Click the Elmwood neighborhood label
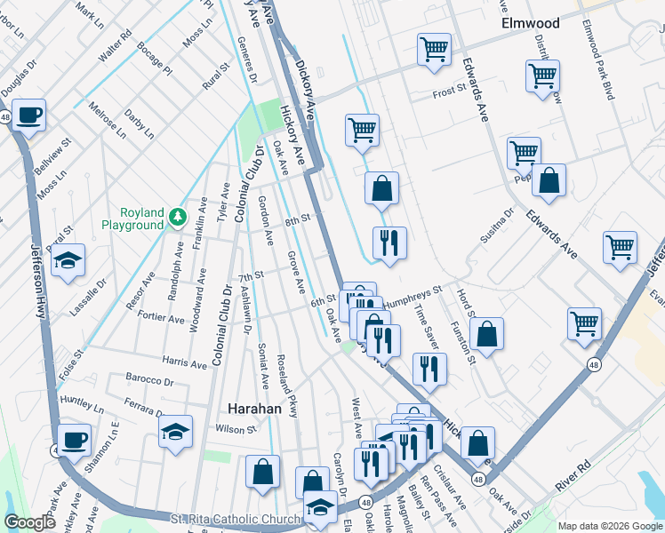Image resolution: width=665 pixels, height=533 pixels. click(x=530, y=23)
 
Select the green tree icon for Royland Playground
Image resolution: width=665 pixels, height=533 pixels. click(x=178, y=215)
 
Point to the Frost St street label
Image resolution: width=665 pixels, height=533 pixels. click(x=449, y=91)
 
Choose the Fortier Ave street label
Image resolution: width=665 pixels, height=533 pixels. click(x=162, y=318)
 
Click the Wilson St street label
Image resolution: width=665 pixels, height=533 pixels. click(x=236, y=429)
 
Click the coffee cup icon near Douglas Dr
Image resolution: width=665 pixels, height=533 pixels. click(x=28, y=115)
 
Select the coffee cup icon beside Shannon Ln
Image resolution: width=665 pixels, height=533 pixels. click(x=75, y=439)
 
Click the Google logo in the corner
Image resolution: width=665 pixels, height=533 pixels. click(x=30, y=522)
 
